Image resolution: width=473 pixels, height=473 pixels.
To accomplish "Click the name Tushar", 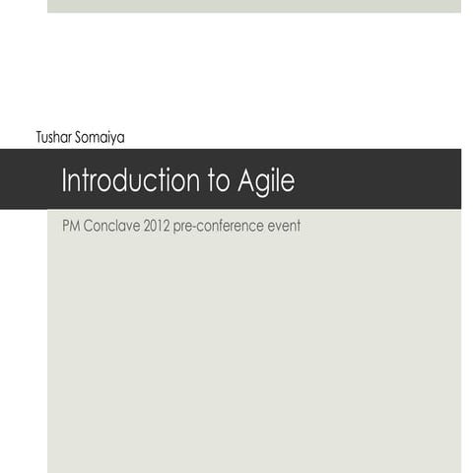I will click(53, 138).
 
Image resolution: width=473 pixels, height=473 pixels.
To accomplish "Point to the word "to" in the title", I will click(217, 181).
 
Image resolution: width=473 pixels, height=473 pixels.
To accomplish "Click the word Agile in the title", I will click(266, 181).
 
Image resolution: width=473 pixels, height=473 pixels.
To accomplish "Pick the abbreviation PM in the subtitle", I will click(70, 226).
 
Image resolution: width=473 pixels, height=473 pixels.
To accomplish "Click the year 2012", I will click(157, 226).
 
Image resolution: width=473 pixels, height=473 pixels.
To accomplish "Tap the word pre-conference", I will click(219, 226).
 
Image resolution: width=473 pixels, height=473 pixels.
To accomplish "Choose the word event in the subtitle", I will click(284, 226).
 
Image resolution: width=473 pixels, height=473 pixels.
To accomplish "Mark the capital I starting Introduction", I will click(64, 181).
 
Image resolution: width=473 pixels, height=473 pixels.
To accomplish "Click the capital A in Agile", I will click(246, 181).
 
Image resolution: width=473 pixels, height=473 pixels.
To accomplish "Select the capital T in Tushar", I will click(39, 138).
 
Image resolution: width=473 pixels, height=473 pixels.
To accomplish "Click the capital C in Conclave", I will click(89, 226).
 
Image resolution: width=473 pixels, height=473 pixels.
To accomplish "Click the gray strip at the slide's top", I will click(253, 6).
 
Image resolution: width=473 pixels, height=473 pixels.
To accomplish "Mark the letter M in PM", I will click(74, 226).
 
